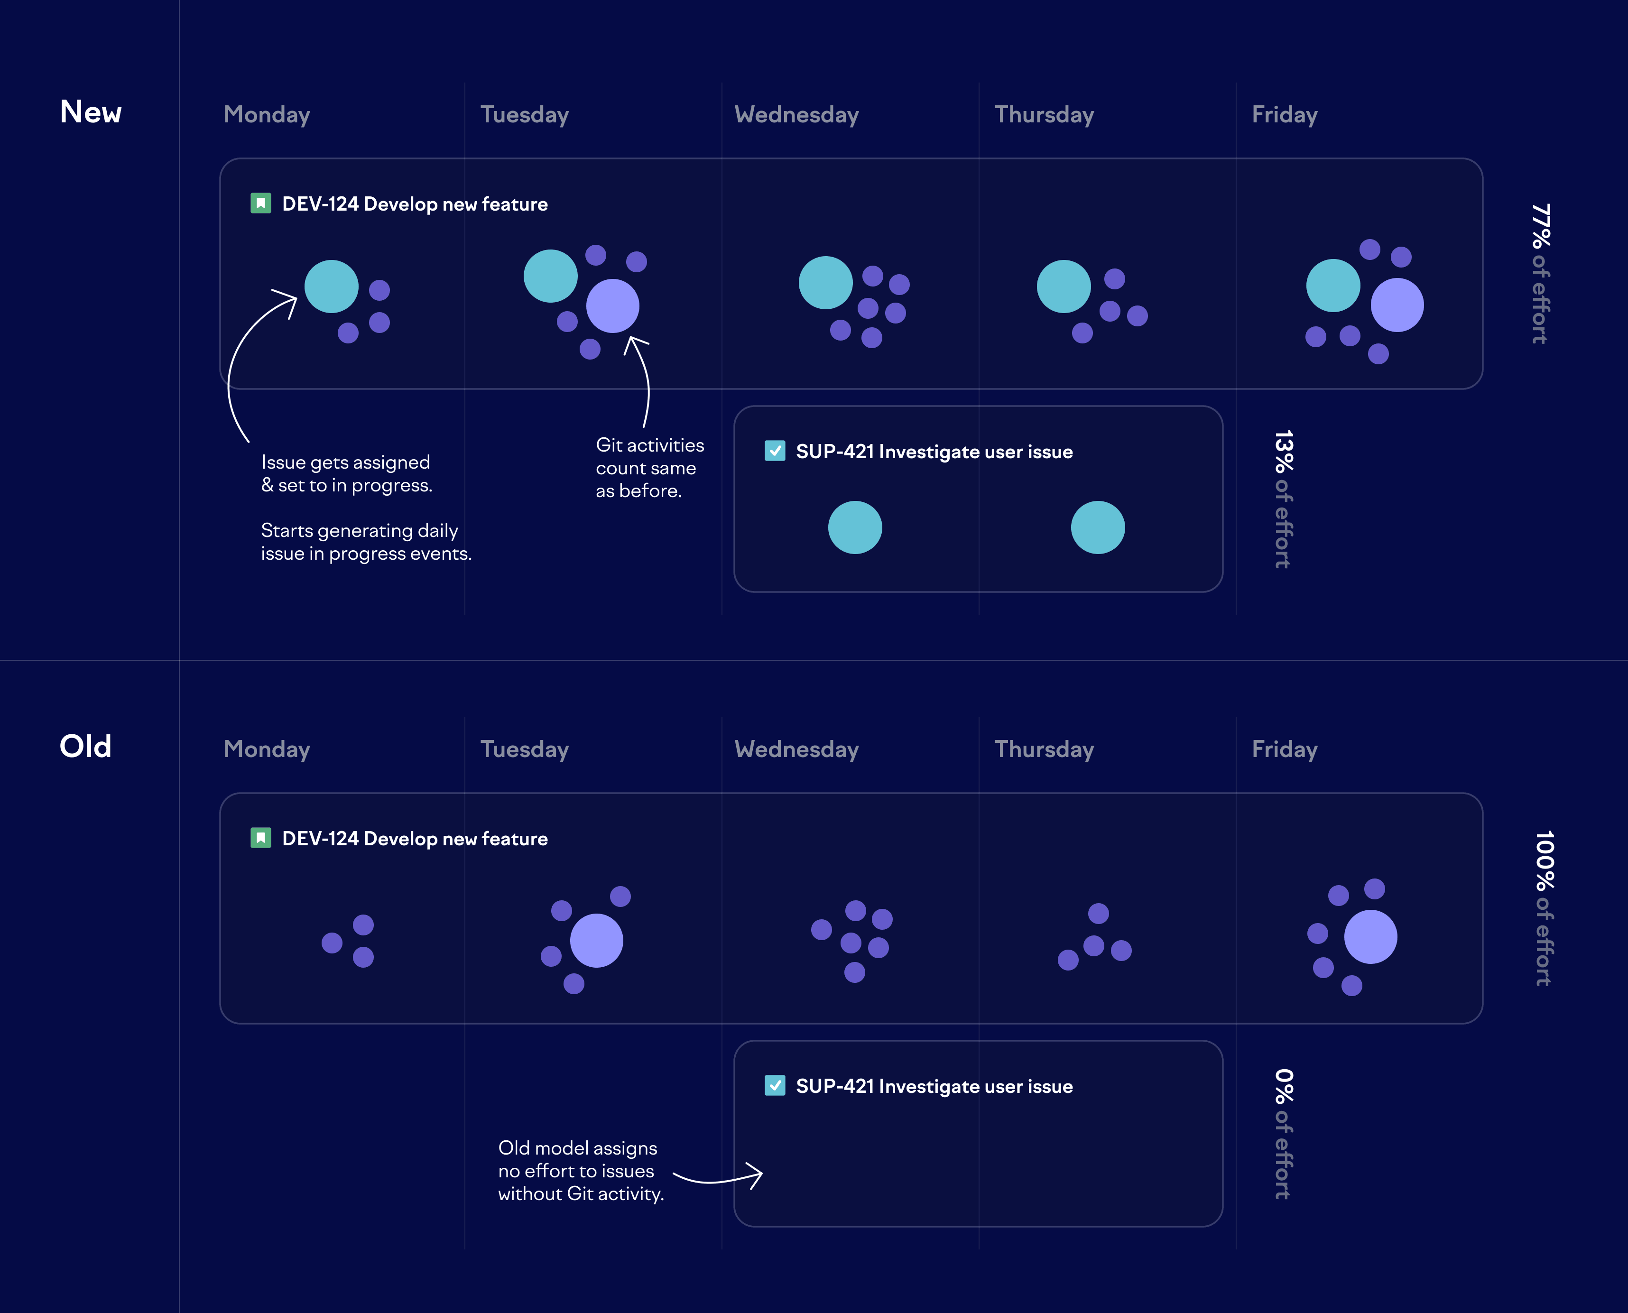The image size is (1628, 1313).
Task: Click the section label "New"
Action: tap(91, 112)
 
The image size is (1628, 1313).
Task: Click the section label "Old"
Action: tap(85, 747)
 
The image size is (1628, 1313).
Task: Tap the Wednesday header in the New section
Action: tap(796, 115)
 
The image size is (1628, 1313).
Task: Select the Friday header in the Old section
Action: tap(1284, 749)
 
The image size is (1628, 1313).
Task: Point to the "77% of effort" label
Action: tap(1540, 273)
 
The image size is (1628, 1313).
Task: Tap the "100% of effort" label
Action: tap(1543, 907)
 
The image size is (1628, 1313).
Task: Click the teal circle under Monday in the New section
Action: tap(331, 287)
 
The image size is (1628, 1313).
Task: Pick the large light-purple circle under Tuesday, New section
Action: tap(612, 305)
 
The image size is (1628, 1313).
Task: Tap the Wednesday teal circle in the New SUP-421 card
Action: tap(854, 527)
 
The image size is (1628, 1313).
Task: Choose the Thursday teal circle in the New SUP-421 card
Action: tap(1097, 527)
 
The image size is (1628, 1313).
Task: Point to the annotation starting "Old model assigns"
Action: tap(580, 1171)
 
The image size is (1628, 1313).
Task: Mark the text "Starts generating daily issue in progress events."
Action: tap(366, 542)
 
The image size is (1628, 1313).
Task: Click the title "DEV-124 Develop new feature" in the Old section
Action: tap(415, 839)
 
